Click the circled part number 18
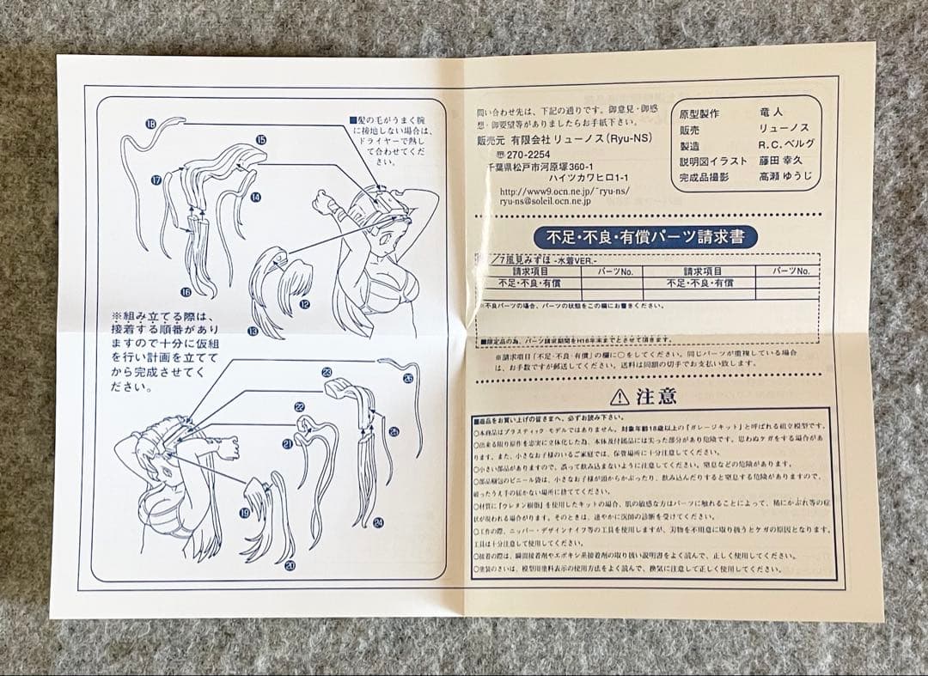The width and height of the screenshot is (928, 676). coord(151,125)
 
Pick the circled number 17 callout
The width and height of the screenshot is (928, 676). coord(156,180)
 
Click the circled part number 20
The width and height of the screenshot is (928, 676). coord(290,565)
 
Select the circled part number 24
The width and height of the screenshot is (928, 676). coord(379,521)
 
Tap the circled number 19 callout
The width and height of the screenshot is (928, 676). coord(245,513)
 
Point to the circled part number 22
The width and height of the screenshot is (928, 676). coord(299,406)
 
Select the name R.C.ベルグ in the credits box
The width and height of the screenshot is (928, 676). coord(786,144)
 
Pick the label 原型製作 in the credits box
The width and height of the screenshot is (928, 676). coord(700,113)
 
